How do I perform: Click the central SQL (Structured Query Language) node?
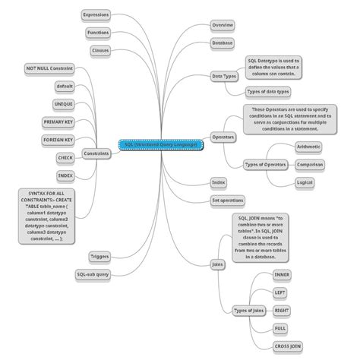coord(163,144)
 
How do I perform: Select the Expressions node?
coord(96,14)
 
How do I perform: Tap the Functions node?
coord(97,33)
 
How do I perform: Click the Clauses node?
coord(99,50)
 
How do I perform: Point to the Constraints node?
coord(96,153)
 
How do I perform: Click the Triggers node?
coord(99,257)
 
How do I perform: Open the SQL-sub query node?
coord(93,274)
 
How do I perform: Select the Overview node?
coord(223,25)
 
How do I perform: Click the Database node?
coord(223,43)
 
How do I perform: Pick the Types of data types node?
coord(268,92)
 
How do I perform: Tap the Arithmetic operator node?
coord(308,146)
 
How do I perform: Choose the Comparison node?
coord(310,164)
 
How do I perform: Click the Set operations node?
coord(227,201)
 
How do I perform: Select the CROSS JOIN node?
coord(286,346)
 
